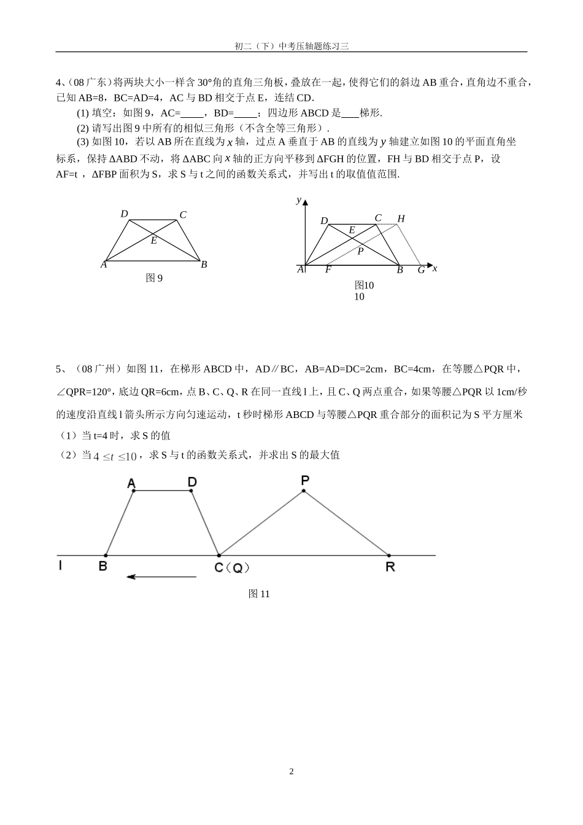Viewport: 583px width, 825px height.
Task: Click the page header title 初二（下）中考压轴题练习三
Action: click(x=291, y=46)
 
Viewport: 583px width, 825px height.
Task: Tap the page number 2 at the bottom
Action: click(x=291, y=772)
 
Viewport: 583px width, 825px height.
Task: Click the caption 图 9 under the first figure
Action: click(x=154, y=278)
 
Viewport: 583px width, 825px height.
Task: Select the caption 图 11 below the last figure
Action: click(x=259, y=594)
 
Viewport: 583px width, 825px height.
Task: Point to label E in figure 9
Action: click(x=153, y=241)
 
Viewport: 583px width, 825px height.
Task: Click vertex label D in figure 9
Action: click(x=124, y=214)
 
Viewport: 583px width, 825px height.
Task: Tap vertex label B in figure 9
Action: click(x=204, y=265)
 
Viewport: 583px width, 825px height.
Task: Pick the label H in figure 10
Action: click(x=401, y=219)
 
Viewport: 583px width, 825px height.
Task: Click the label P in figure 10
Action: click(x=361, y=250)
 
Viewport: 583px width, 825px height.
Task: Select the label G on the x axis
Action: click(x=421, y=270)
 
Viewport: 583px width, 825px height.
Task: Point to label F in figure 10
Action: click(x=328, y=269)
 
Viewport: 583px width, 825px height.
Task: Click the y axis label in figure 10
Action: click(x=298, y=199)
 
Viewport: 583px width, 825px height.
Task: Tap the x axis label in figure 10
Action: click(x=434, y=268)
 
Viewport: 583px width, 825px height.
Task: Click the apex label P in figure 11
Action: click(x=304, y=480)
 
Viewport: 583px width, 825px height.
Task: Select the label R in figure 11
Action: click(x=390, y=567)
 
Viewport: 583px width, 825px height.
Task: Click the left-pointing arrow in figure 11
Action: click(x=161, y=576)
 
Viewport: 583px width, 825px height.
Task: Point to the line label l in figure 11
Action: click(x=60, y=565)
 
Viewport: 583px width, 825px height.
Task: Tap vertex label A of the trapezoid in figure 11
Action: click(x=131, y=484)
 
